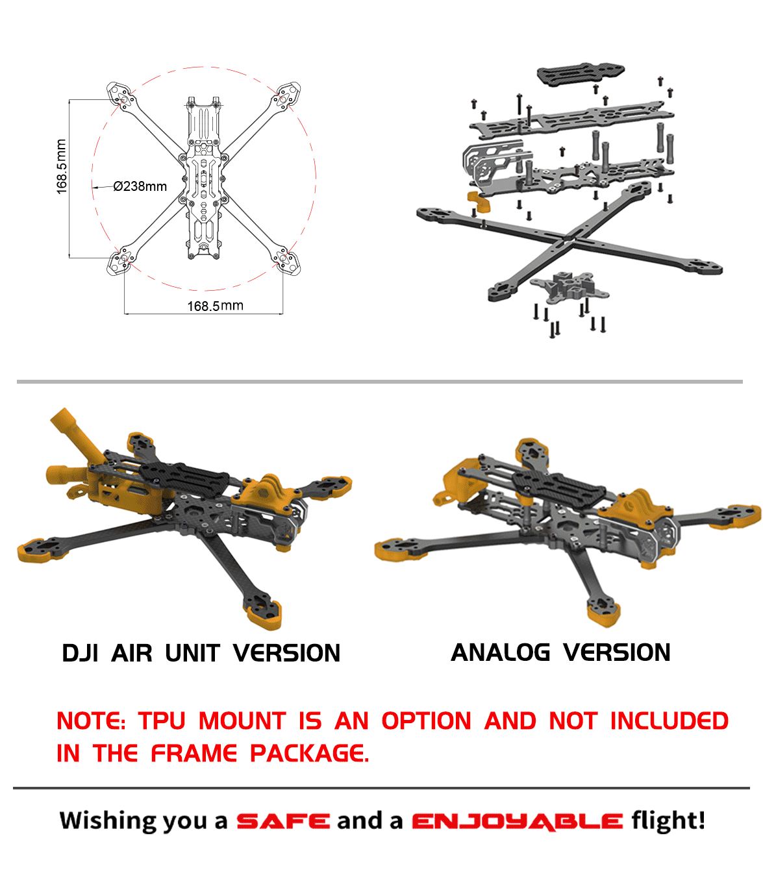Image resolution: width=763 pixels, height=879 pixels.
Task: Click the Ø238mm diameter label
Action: tap(140, 186)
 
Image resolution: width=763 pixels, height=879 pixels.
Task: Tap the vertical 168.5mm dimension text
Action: tap(61, 167)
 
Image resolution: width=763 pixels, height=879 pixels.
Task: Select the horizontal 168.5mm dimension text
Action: tap(215, 306)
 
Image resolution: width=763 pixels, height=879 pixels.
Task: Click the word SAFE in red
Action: tap(282, 821)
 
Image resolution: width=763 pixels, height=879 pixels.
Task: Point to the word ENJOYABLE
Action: tap(517, 822)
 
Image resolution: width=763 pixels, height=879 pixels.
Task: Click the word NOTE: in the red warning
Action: tap(91, 721)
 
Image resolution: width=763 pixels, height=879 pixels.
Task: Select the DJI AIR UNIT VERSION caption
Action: tap(201, 653)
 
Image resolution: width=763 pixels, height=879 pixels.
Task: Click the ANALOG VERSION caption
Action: tap(560, 652)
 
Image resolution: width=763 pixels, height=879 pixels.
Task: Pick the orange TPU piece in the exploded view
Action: tap(479, 201)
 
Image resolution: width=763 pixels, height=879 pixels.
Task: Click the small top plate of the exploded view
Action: tap(580, 73)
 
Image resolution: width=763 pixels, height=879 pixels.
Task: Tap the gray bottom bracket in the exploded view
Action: tap(569, 286)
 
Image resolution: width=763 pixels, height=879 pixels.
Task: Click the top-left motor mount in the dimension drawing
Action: tap(121, 95)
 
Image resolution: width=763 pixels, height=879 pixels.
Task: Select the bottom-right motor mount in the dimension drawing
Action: tap(285, 262)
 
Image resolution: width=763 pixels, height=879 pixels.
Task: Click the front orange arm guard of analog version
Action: tap(603, 612)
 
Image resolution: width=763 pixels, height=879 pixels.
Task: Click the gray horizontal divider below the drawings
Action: tap(379, 382)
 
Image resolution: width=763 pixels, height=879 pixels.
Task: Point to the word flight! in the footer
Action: tap(668, 821)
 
